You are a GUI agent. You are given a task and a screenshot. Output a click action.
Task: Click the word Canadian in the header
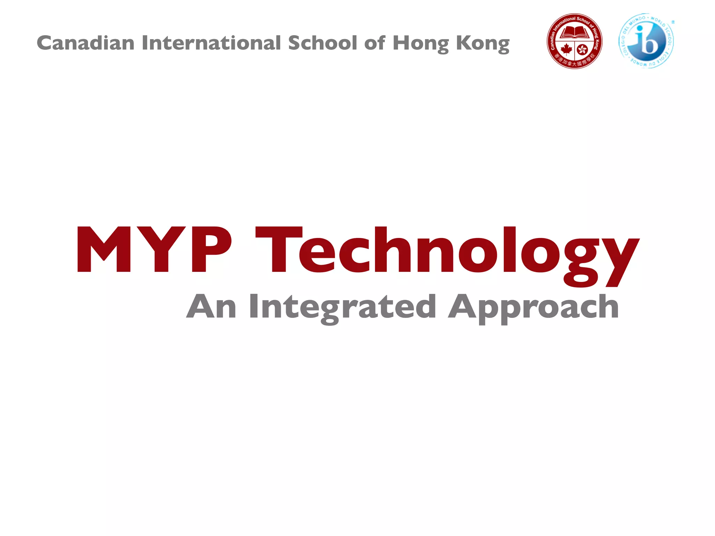click(86, 43)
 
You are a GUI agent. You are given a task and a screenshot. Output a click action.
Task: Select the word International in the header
click(211, 43)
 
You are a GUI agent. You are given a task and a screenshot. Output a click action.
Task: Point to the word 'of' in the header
click(375, 43)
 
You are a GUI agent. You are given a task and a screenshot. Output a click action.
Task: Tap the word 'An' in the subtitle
click(212, 307)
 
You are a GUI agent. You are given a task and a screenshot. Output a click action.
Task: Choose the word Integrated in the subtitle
click(342, 307)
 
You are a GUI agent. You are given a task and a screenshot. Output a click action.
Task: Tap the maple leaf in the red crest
click(566, 50)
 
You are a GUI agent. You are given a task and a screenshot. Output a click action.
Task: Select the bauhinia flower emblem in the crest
click(582, 50)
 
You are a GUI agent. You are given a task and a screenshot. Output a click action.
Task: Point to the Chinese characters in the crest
click(574, 62)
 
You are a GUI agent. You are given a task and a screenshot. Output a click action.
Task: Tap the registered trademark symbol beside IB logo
click(673, 22)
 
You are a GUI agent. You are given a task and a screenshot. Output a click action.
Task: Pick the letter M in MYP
click(104, 250)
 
